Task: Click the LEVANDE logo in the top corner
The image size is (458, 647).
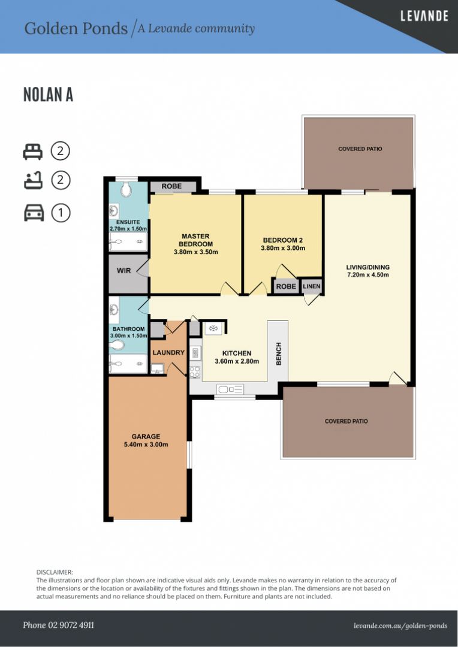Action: point(424,16)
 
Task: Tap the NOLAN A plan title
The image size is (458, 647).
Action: point(48,95)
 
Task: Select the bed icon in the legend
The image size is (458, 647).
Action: point(33,152)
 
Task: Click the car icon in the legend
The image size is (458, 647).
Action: point(34,213)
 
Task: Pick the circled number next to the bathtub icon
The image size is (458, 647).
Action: point(60,180)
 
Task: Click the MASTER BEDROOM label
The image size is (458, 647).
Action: point(195,240)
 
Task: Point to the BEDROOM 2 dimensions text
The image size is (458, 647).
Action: point(283,247)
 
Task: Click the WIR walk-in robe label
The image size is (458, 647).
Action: point(123,271)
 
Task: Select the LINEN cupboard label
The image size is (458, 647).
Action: point(312,287)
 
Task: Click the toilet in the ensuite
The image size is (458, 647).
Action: point(126,191)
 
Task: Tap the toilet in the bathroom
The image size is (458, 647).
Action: point(117,346)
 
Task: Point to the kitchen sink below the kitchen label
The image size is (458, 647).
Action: point(229,390)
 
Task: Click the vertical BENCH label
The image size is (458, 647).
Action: point(278,353)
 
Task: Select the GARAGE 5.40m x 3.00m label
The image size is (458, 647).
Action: point(146,440)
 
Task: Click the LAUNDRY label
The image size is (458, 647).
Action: point(168,353)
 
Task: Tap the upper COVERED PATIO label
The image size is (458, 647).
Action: point(360,149)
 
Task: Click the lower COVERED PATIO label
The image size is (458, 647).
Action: point(346,421)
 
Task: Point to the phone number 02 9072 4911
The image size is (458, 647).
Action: point(58,625)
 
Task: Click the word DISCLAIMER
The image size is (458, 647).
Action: point(55,573)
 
